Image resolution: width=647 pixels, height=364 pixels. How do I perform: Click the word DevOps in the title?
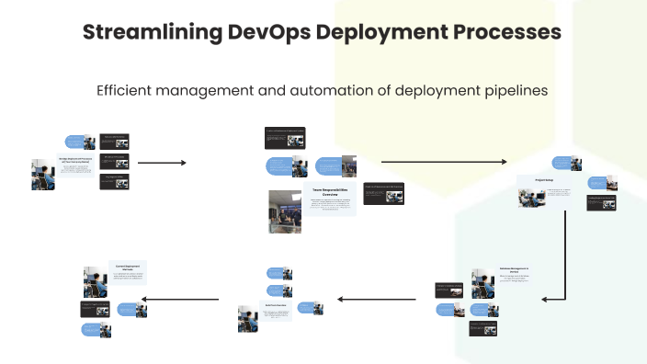click(x=266, y=32)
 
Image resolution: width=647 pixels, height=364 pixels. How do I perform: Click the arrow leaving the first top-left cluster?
click(x=162, y=163)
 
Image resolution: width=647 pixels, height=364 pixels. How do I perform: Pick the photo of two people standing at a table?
click(x=285, y=211)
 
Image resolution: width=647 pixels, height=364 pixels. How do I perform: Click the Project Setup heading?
click(x=544, y=180)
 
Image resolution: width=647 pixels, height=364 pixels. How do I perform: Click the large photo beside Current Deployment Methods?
click(x=94, y=281)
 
